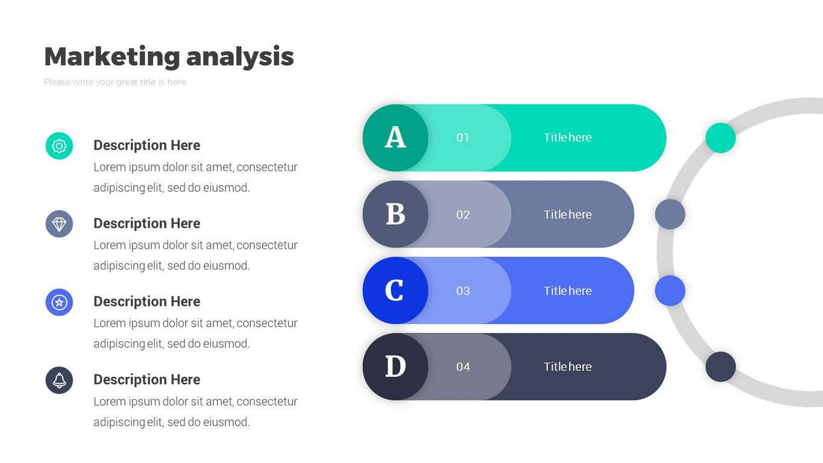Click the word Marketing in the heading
[112, 57]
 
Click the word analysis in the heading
[240, 57]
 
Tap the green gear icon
[59, 146]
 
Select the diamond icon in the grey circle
[59, 224]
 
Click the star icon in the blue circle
[59, 303]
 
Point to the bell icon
[59, 380]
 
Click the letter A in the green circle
[396, 137]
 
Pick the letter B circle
[396, 214]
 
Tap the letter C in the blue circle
[394, 291]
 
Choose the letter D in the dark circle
[396, 367]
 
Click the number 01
[462, 137]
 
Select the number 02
[463, 215]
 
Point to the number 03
[463, 291]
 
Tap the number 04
[463, 367]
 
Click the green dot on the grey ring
[721, 138]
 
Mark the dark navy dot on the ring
[721, 367]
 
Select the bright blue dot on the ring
[670, 291]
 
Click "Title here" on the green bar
[567, 137]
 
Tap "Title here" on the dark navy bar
[567, 367]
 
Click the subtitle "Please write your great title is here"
[115, 82]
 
